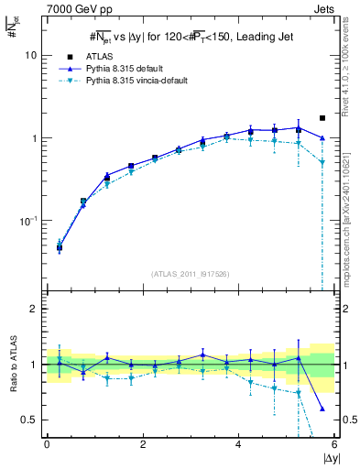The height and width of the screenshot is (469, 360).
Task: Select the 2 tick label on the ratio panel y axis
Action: pos(33,310)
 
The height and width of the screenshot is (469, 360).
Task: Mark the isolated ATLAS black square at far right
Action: pos(322,118)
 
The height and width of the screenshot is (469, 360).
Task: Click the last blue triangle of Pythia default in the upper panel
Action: pos(322,138)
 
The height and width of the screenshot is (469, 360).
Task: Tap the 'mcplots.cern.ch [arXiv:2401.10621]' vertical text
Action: pos(345,211)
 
